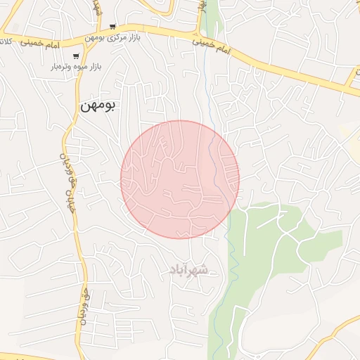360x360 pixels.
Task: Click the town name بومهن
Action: (96, 106)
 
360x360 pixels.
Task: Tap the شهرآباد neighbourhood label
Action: (190, 269)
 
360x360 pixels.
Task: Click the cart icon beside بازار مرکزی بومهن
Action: (113, 27)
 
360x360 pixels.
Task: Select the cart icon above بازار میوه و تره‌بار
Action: (76, 56)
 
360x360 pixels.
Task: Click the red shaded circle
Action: (179, 179)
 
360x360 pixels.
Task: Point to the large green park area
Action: (281, 239)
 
